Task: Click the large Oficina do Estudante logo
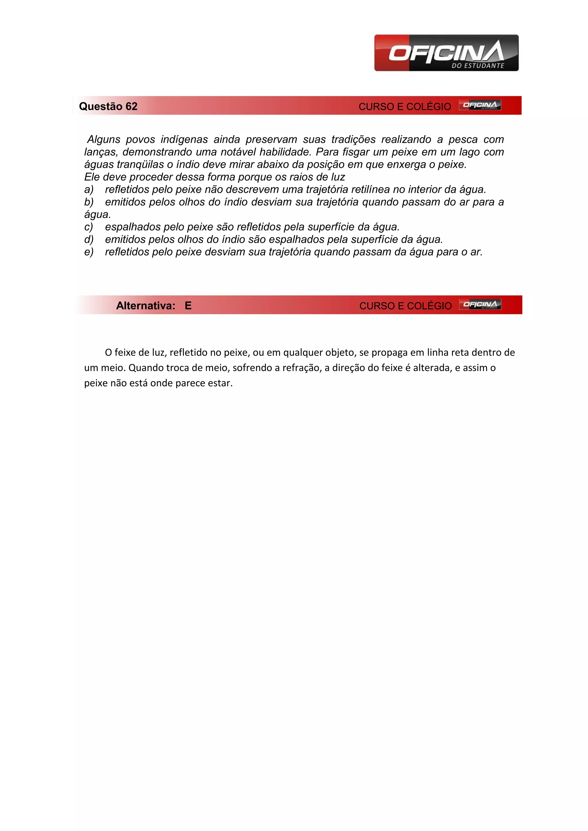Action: click(446, 53)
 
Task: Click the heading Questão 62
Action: click(108, 106)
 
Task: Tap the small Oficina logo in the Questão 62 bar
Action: click(480, 105)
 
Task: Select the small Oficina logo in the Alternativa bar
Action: click(480, 304)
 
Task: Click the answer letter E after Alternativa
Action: click(188, 306)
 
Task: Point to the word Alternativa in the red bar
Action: click(146, 306)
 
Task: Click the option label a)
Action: click(89, 190)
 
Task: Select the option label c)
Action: click(89, 227)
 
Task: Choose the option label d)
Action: click(89, 240)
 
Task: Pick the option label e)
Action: click(89, 252)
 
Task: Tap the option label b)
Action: click(89, 202)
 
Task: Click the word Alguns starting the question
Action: click(104, 140)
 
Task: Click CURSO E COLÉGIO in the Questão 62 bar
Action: click(405, 107)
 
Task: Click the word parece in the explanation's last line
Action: click(190, 383)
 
